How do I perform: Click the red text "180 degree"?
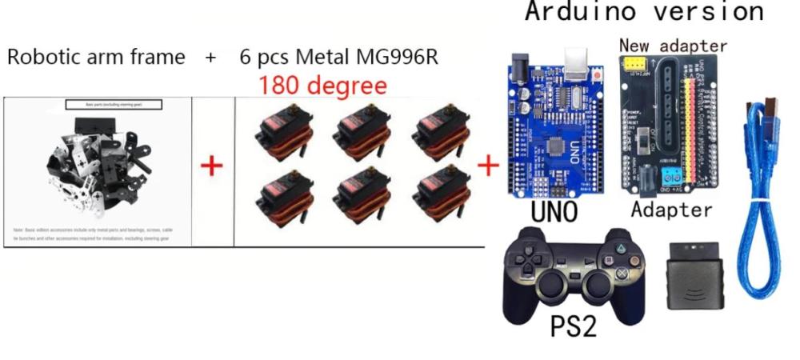(322, 84)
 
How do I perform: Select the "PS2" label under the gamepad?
(573, 326)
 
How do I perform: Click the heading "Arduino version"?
(644, 12)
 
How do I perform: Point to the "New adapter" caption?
(673, 45)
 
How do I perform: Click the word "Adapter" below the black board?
(671, 210)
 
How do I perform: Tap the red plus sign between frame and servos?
(211, 166)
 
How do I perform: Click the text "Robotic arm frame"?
(96, 58)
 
